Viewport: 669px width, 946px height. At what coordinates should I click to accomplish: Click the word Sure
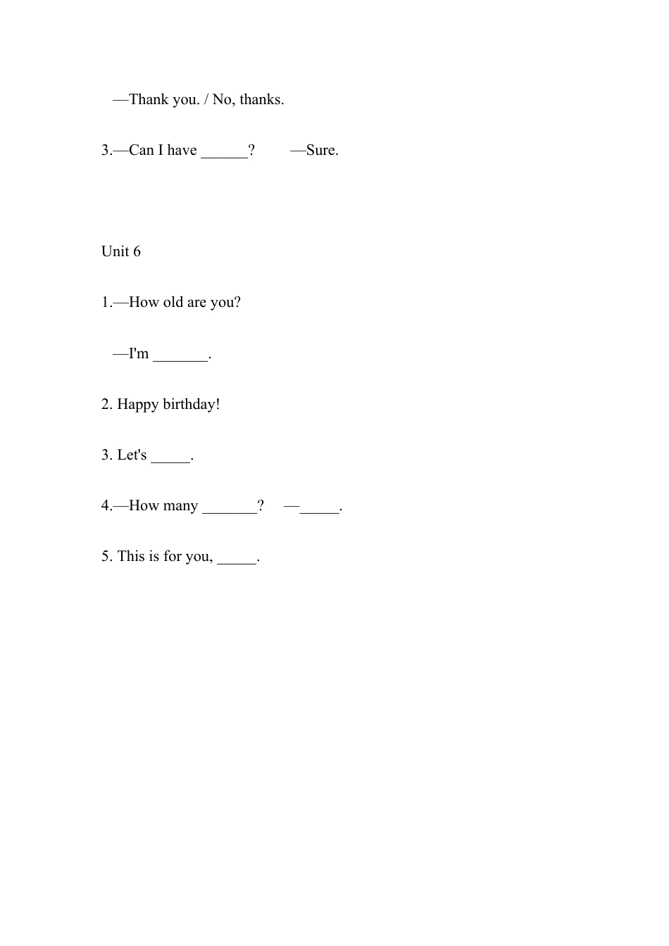coord(323,150)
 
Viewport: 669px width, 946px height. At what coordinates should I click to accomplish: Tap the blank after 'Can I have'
coord(225,151)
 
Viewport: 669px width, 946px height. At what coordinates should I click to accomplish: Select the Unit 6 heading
coord(121,251)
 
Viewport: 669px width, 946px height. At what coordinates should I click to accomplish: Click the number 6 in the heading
coord(137,251)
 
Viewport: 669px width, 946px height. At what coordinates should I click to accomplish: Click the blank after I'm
coord(180,355)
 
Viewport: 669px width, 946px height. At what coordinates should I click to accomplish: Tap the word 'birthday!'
coord(192,404)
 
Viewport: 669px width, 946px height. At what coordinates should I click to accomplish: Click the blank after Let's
coord(170,456)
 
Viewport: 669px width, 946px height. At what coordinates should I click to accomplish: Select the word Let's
coord(132,455)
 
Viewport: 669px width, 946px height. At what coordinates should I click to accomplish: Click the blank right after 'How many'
coord(230,507)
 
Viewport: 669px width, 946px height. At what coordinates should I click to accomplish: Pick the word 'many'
coord(181,506)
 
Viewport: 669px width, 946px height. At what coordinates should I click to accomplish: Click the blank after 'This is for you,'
coord(237,557)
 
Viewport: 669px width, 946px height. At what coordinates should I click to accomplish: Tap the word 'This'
coord(131,556)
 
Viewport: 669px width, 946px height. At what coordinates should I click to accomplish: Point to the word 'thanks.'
coord(262,99)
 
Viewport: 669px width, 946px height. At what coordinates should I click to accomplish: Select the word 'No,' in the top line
coord(223,99)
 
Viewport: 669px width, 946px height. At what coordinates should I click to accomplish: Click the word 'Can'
coord(142,150)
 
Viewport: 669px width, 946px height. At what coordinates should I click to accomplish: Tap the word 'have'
coord(182,150)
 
